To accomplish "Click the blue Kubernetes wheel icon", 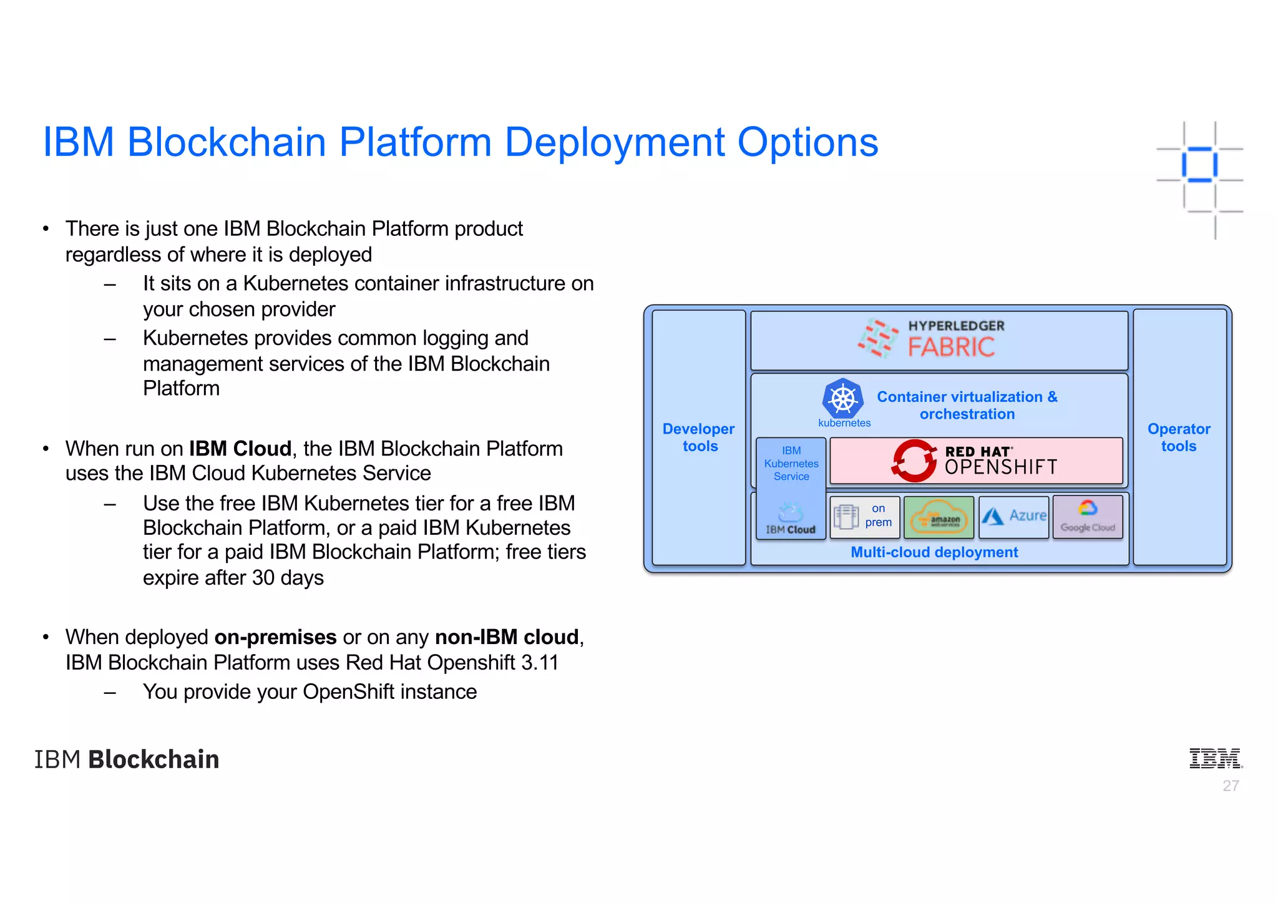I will (842, 399).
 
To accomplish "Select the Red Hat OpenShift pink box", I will (975, 461).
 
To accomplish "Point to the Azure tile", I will (1014, 516).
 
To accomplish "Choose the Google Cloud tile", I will (1088, 517).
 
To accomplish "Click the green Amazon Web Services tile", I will (939, 517).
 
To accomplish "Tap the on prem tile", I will (865, 517).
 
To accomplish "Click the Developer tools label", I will (699, 437).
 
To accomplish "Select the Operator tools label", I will (1179, 437).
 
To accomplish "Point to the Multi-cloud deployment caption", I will (934, 552).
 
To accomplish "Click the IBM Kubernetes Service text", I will (791, 464).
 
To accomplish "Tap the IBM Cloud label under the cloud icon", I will (791, 530).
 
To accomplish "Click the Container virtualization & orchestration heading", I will (967, 406).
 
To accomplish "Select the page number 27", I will (1231, 786).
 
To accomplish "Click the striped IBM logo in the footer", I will (1215, 758).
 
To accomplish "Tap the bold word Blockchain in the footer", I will (154, 759).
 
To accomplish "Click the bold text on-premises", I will (275, 637).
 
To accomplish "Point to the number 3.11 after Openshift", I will (540, 663).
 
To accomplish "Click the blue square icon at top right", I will (1199, 165).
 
